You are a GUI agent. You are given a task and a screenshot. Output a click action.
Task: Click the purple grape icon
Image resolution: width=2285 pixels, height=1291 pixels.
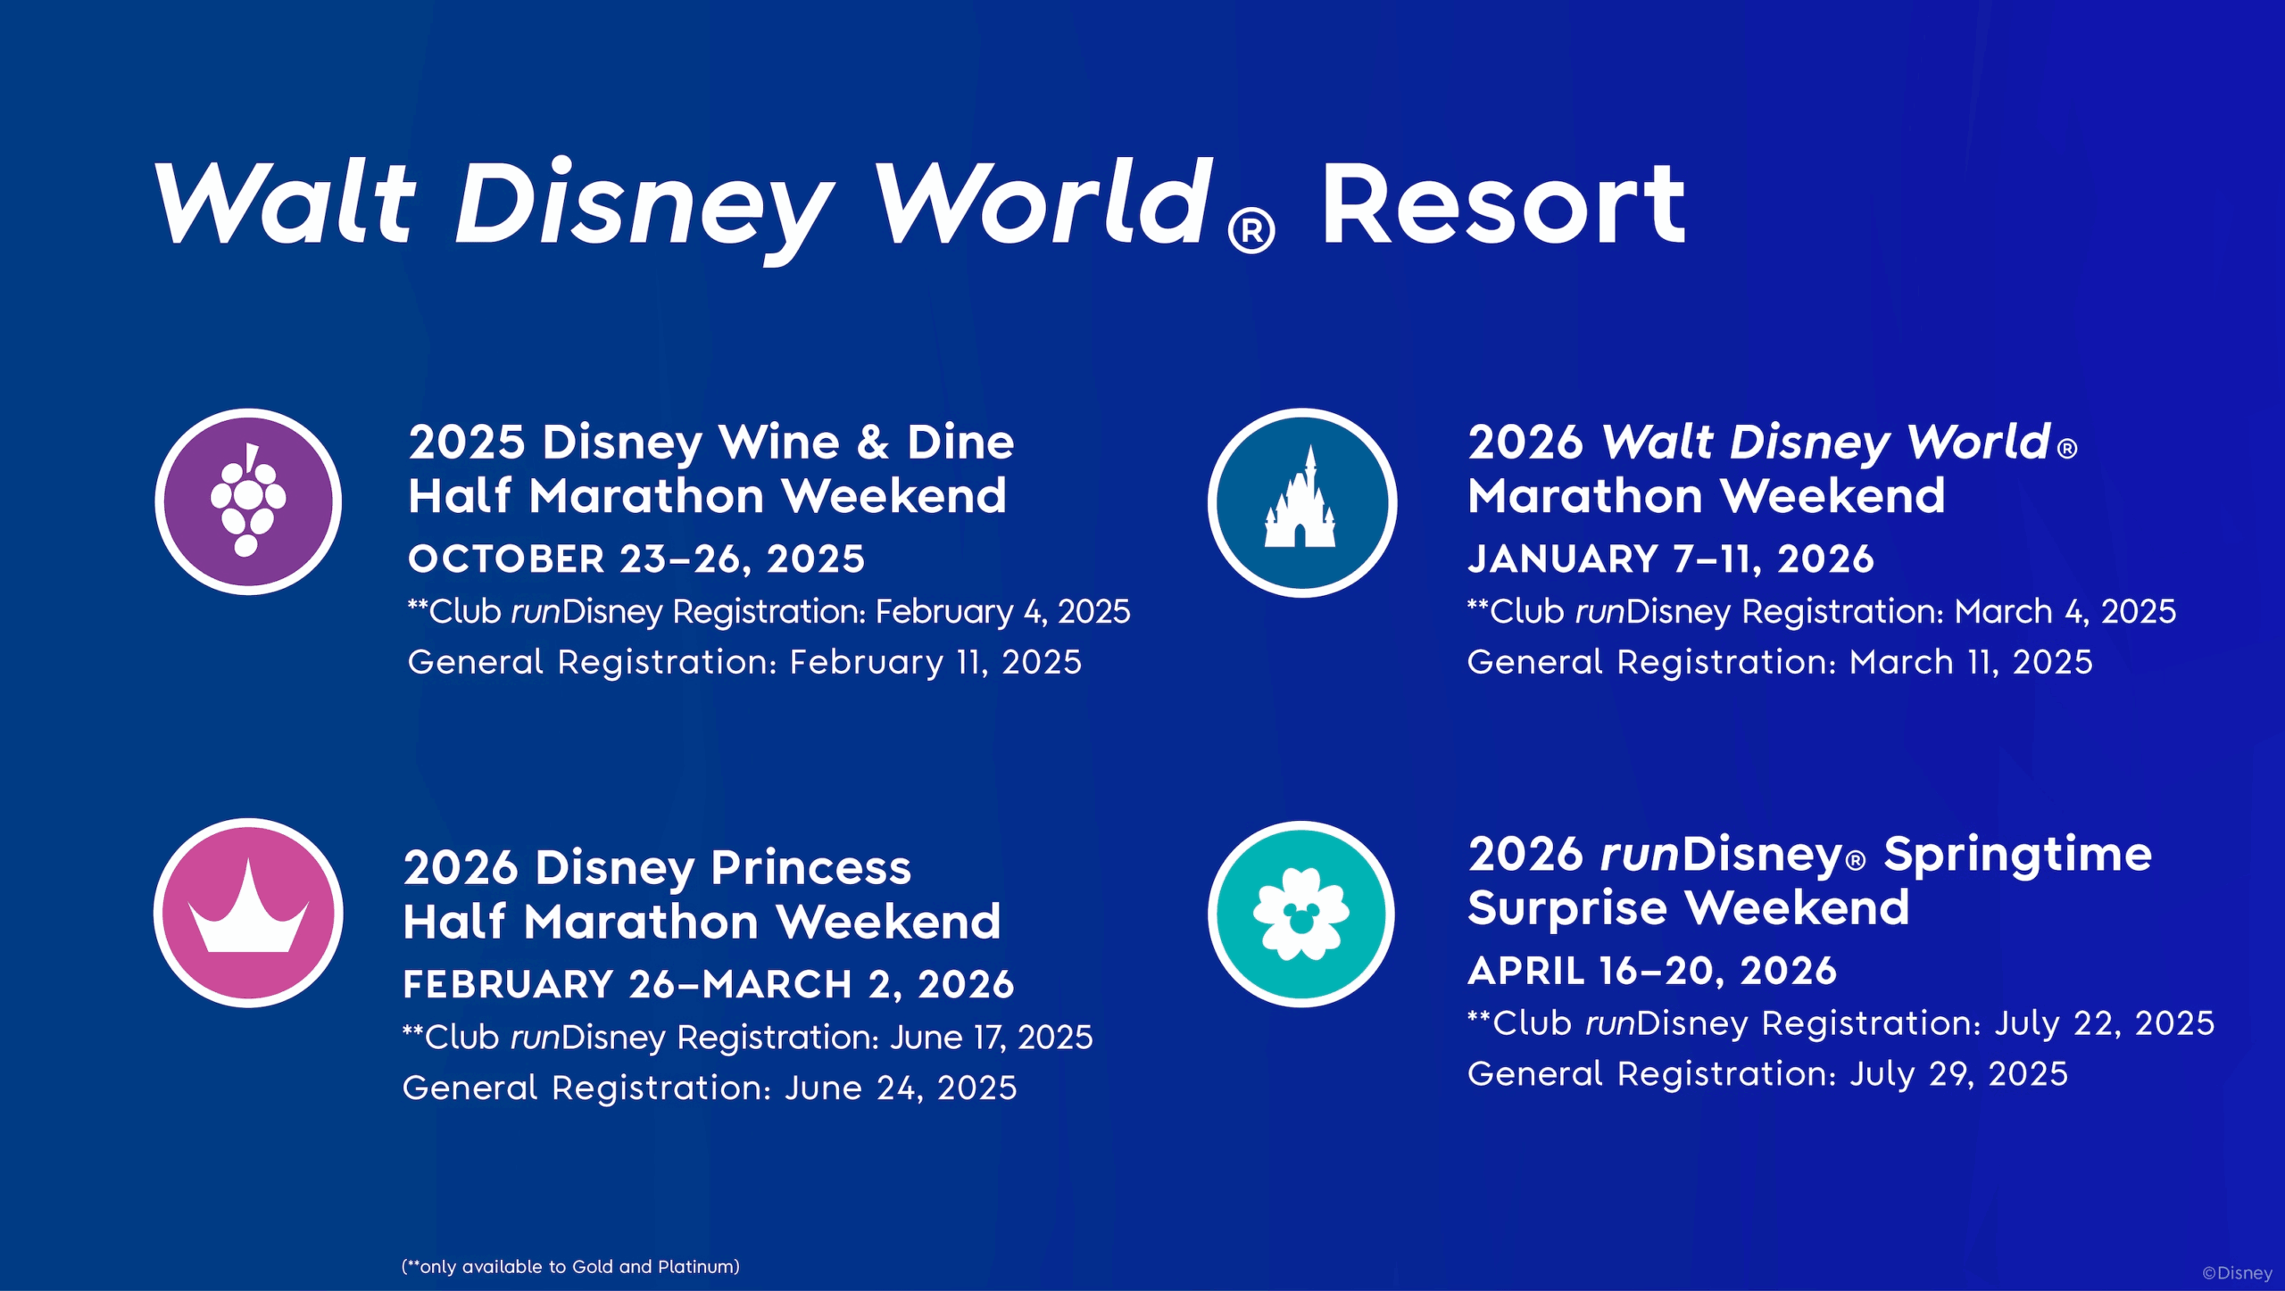click(x=248, y=501)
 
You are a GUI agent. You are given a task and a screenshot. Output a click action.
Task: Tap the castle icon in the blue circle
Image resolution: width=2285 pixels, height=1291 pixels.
click(x=1301, y=502)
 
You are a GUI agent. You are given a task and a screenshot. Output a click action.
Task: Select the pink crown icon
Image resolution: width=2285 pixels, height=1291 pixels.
click(x=248, y=913)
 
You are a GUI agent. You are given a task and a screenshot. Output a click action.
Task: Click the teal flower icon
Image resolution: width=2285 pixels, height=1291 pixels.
click(x=1301, y=914)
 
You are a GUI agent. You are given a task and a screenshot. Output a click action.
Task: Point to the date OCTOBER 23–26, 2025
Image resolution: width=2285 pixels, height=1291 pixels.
click(x=636, y=559)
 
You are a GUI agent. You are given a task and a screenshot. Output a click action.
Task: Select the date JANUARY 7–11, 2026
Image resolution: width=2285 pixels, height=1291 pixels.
click(x=1670, y=559)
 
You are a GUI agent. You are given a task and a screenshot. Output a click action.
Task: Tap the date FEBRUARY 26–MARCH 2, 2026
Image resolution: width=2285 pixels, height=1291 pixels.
click(x=708, y=985)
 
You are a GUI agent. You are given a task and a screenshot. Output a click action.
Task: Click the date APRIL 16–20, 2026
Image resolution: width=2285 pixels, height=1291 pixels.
click(x=1652, y=971)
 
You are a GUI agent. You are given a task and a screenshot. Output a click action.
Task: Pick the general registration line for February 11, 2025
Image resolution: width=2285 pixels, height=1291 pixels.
click(x=744, y=662)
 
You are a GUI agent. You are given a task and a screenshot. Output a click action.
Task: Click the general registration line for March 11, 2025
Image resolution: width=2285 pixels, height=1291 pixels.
click(x=1780, y=662)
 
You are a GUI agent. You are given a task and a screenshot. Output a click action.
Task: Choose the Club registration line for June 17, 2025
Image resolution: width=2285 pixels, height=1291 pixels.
click(x=747, y=1037)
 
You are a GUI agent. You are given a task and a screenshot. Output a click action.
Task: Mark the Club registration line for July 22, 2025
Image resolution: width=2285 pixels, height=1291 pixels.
click(x=1840, y=1022)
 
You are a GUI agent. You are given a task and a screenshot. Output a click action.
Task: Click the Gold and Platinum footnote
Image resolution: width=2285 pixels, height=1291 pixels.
click(x=570, y=1267)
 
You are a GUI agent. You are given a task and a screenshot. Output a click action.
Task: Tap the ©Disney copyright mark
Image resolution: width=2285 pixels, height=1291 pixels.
click(x=2237, y=1273)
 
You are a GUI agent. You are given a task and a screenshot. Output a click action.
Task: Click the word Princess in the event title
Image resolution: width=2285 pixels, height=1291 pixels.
click(x=810, y=867)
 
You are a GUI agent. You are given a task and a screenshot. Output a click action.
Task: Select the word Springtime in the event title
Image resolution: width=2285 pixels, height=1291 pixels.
click(x=2017, y=855)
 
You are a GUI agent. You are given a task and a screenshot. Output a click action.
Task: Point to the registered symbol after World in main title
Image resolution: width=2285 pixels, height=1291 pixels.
click(x=1251, y=232)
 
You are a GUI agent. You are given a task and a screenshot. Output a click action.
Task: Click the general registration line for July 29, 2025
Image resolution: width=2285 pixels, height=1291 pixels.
click(x=1767, y=1073)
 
